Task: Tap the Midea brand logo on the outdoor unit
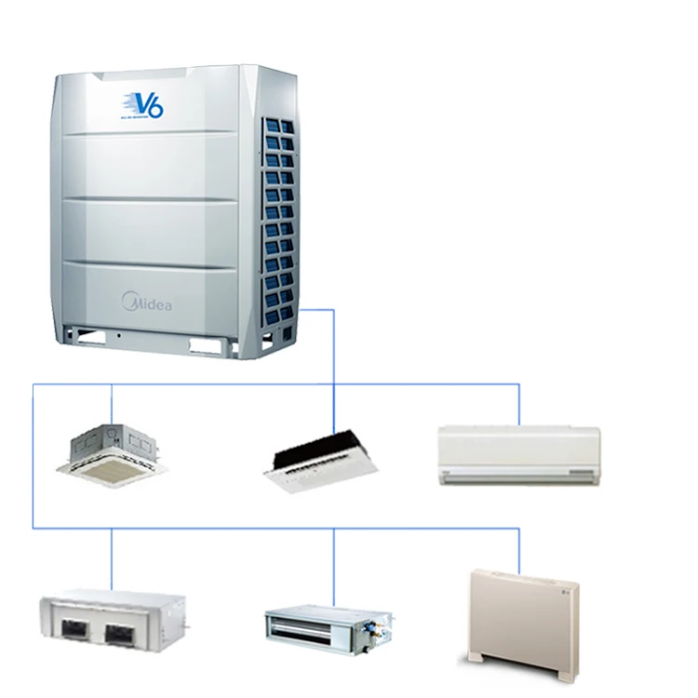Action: coord(147,302)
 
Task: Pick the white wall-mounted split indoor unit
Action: coord(518,454)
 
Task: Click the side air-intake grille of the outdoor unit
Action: coord(279,223)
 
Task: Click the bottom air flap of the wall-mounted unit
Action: coord(518,475)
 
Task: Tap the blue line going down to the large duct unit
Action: coord(112,558)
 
